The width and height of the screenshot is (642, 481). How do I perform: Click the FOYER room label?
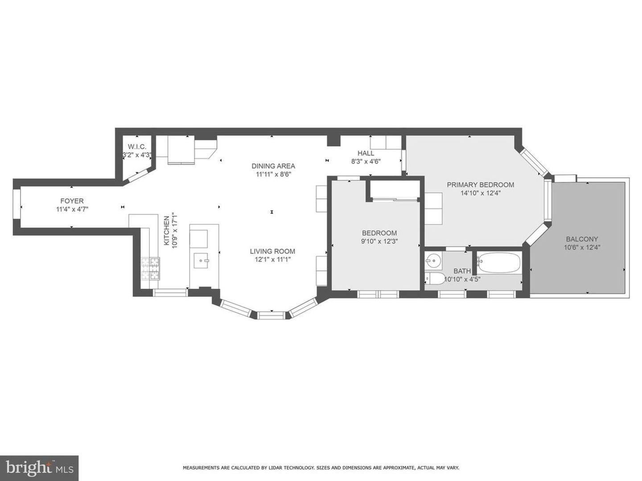72,201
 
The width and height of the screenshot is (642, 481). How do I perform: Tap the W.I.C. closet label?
137,147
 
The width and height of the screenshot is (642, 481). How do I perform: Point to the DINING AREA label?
273,166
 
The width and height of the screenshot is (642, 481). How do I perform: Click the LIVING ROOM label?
272,251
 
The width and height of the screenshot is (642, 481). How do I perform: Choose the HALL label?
366,153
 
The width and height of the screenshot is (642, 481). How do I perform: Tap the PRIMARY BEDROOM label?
480,185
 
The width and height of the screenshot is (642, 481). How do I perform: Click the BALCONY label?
582,239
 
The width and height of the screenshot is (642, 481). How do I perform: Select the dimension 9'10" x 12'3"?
379,241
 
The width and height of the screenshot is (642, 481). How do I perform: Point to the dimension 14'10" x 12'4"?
480,193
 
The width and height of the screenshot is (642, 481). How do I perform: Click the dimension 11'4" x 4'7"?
72,209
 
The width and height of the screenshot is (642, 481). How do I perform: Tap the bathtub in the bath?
499,263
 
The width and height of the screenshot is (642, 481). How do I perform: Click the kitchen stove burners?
151,269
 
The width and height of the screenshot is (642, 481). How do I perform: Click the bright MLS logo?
39,468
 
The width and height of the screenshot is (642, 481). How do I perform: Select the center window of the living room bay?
271,315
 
